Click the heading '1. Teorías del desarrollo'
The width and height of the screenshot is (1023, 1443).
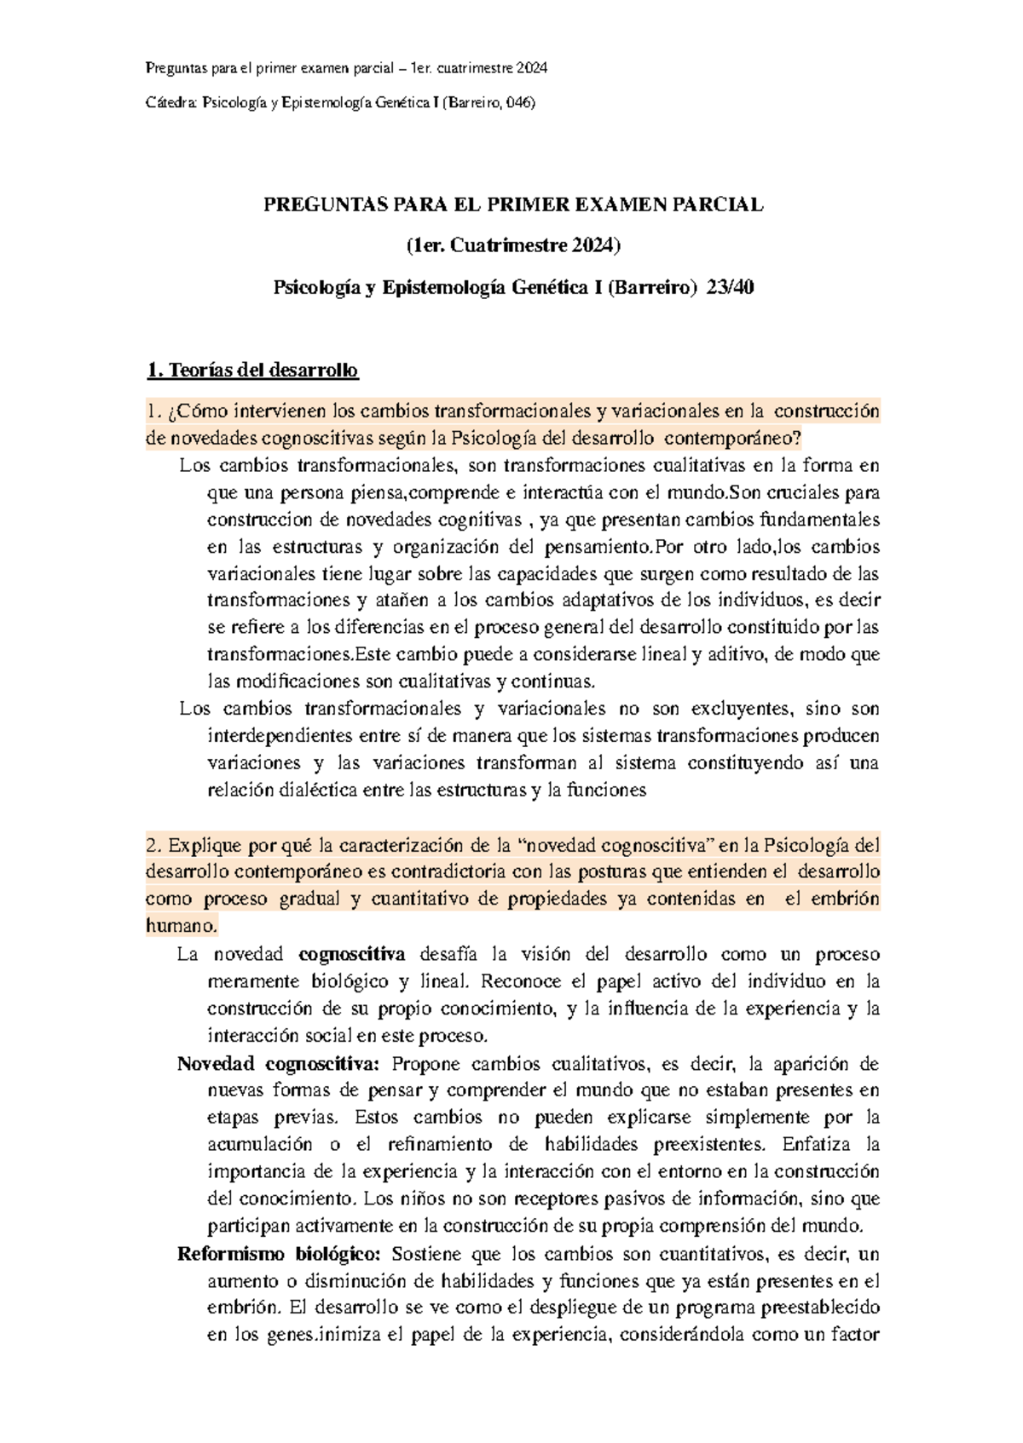[252, 371]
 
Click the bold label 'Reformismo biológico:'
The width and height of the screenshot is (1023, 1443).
[279, 1254]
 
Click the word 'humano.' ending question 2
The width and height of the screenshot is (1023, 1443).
[182, 926]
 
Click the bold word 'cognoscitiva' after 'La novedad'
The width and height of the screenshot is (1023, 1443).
[352, 954]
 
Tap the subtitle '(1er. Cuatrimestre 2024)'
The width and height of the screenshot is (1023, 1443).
[513, 246]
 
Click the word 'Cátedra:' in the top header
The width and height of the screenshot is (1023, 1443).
[171, 103]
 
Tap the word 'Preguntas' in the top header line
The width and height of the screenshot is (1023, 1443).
[174, 68]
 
